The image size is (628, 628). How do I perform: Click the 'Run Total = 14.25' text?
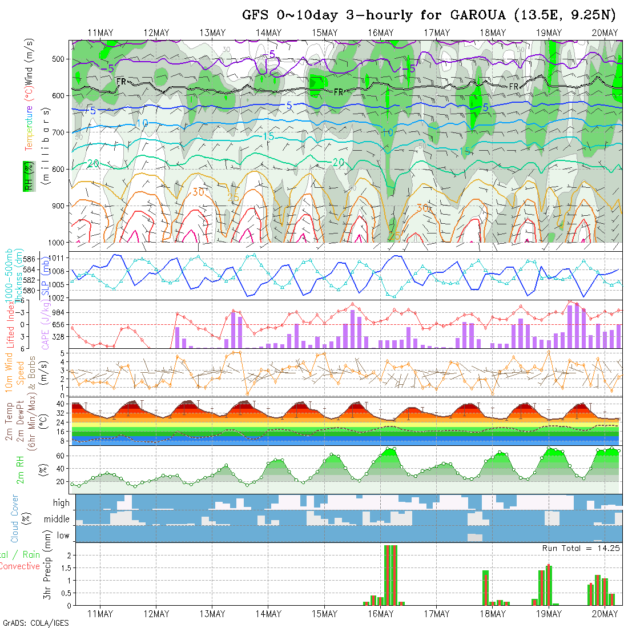point(581,548)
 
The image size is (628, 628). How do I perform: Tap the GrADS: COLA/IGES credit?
point(35,622)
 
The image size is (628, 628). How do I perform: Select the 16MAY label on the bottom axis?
point(380,614)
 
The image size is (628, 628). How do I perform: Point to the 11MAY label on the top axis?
point(100,33)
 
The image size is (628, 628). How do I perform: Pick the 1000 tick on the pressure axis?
point(58,241)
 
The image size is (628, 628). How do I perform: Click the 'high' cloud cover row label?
point(61,503)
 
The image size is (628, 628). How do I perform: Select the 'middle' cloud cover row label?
point(57,520)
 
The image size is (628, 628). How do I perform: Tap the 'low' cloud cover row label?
point(63,536)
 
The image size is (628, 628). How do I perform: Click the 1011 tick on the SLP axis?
point(58,258)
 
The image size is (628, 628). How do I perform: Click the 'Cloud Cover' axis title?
point(14,518)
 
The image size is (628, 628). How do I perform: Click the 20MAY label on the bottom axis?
point(605,614)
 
